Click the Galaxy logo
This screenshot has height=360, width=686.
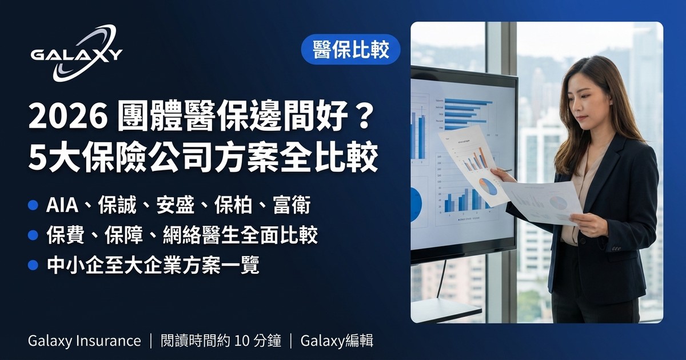pos(76,54)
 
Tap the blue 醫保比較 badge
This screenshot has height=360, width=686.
pos(350,50)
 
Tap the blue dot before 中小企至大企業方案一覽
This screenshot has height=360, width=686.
pos(33,265)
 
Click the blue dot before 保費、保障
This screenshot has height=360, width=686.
pos(33,235)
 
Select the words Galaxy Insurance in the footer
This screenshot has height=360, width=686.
pos(84,341)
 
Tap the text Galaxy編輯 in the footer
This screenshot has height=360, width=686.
pos(337,341)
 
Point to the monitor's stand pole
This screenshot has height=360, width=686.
pos(441,280)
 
